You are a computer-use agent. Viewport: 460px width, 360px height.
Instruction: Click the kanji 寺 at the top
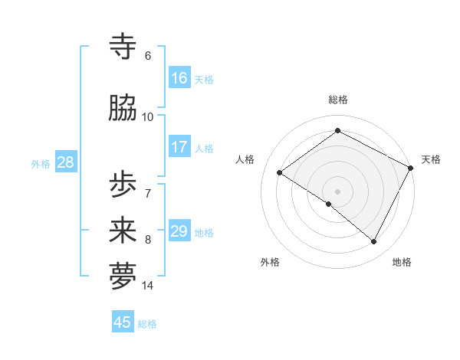(x=123, y=47)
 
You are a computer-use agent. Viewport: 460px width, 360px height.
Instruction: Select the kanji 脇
(x=123, y=109)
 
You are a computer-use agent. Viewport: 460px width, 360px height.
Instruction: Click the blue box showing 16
(x=179, y=78)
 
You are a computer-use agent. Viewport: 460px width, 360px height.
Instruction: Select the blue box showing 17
(x=179, y=147)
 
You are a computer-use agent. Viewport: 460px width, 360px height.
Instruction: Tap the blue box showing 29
(x=179, y=231)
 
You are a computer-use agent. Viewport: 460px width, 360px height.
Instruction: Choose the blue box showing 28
(x=65, y=162)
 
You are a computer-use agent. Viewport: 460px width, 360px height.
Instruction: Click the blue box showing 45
(x=123, y=322)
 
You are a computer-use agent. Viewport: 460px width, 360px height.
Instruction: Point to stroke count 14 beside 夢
(x=148, y=286)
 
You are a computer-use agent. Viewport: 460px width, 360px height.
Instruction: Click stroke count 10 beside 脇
(x=148, y=116)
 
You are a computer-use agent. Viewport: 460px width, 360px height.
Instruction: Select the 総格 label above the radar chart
(x=337, y=100)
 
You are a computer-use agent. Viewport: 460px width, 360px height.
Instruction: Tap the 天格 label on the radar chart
(x=431, y=159)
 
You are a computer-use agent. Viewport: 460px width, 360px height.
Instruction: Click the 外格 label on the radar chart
(x=270, y=263)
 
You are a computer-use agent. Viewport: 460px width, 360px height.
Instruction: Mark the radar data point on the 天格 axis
(x=411, y=168)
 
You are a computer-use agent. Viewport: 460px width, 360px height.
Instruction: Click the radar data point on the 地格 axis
(x=374, y=242)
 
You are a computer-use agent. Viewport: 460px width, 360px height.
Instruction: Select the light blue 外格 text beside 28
(x=41, y=163)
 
